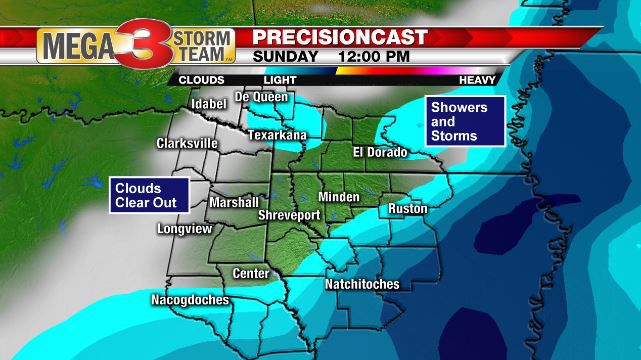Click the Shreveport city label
tap(289, 214)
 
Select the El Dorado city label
tap(380, 152)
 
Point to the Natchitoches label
tap(362, 284)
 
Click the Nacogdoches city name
tap(190, 300)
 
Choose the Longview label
tap(184, 229)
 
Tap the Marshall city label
tap(234, 202)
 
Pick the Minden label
tap(339, 197)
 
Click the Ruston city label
tap(402, 209)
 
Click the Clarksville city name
tap(187, 144)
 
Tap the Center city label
tap(250, 273)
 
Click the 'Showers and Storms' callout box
tap(463, 120)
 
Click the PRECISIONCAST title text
tap(340, 37)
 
